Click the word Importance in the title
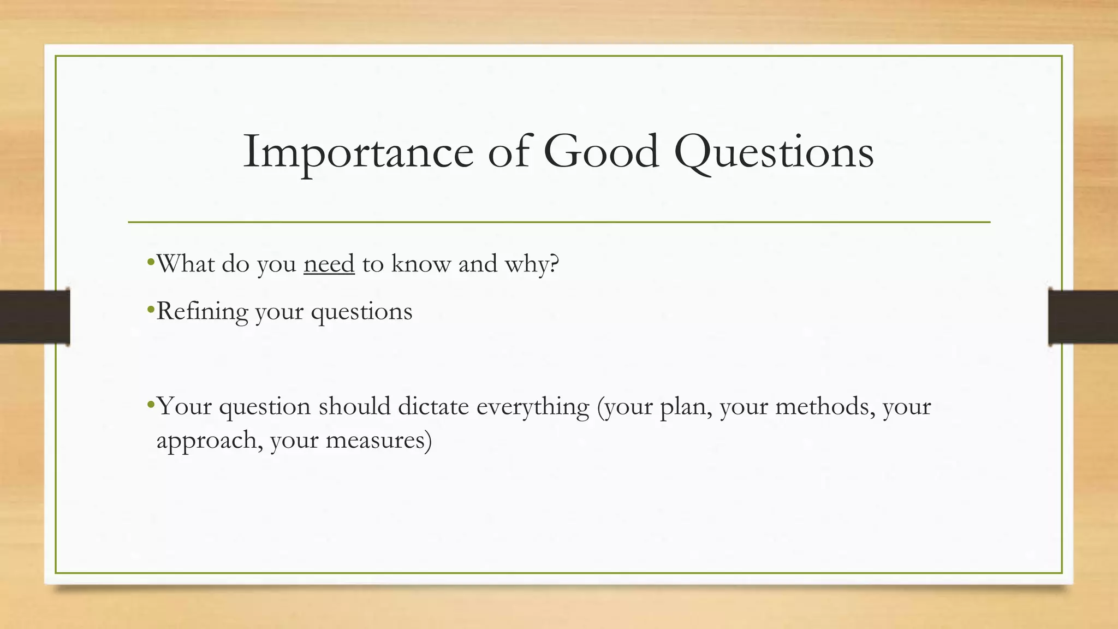point(358,153)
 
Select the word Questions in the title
point(774,153)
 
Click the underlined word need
point(329,264)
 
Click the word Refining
point(202,312)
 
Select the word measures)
point(378,440)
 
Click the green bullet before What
point(151,263)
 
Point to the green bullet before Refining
point(151,311)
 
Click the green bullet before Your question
point(151,406)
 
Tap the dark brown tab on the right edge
point(1083,317)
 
